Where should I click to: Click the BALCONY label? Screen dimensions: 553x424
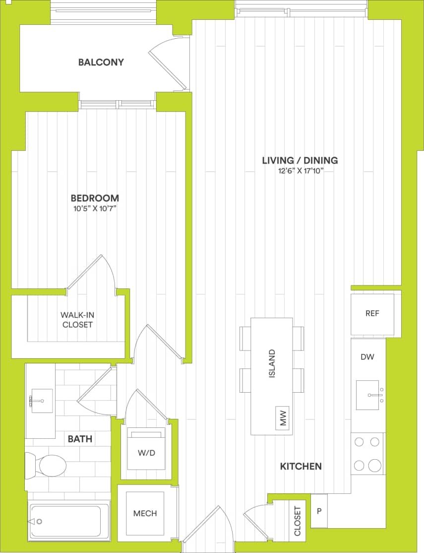tap(101, 63)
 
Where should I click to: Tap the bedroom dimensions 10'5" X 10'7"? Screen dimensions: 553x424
tap(95, 208)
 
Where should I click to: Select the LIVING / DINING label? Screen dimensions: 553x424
tap(300, 160)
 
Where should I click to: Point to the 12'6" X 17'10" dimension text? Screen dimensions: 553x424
tap(300, 171)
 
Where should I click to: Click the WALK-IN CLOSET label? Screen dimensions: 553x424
tap(76, 320)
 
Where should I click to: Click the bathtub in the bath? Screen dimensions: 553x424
tap(69, 522)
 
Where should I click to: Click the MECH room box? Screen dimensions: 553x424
tap(145, 513)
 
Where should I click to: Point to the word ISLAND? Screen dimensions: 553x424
tap(271, 364)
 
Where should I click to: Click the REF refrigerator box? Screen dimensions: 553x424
tap(372, 314)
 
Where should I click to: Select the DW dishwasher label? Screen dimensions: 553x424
tap(367, 356)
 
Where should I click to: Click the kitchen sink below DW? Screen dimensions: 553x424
tap(367, 395)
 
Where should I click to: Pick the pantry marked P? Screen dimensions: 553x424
tap(319, 511)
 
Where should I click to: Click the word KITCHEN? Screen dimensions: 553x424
tap(301, 466)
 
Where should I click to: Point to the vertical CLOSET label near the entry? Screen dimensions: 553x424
tap(298, 521)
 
